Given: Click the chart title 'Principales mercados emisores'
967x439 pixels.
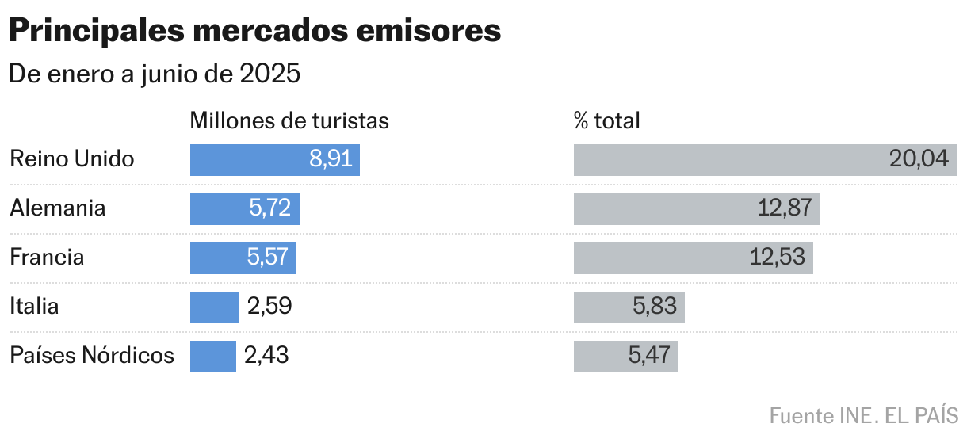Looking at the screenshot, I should (x=254, y=31).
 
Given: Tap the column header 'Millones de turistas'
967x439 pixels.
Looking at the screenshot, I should (x=289, y=120).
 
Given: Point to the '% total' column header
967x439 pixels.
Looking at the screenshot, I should (x=606, y=120).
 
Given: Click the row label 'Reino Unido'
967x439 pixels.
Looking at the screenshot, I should (x=72, y=159).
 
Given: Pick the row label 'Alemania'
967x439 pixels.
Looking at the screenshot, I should (x=58, y=208).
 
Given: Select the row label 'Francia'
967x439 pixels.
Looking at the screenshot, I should (x=47, y=258).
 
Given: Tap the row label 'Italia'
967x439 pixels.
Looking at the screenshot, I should (x=34, y=307).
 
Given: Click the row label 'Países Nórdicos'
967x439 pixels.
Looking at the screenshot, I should (x=92, y=356).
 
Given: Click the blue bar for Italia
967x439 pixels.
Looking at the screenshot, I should (x=214, y=307).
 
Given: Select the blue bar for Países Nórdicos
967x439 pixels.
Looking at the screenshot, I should (x=212, y=356).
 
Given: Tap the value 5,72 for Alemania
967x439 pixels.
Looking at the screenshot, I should (x=270, y=208).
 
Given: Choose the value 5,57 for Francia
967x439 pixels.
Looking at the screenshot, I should (x=269, y=258).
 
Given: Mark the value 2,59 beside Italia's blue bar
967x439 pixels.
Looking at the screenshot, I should (x=269, y=307).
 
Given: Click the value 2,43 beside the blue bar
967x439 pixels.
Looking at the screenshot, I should (x=266, y=356).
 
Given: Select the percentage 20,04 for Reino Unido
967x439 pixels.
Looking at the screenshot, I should (x=919, y=159).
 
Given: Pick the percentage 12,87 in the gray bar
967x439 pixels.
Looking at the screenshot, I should (x=785, y=208).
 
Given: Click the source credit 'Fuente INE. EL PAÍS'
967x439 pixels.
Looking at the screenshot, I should (x=863, y=415).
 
